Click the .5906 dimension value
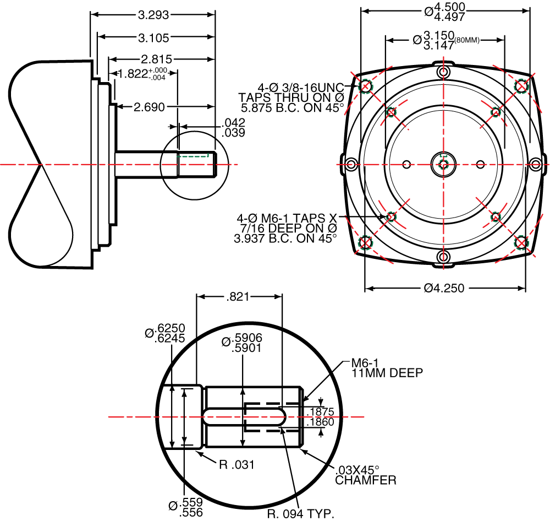click(248, 338)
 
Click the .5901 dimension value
click(247, 348)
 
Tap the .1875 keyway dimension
click(320, 413)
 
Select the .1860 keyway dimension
click(320, 422)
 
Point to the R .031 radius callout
click(237, 465)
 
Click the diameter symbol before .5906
click(226, 342)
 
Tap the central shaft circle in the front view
click(443, 164)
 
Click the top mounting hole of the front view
click(443, 72)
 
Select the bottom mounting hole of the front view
click(443, 256)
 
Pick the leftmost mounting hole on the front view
click(351, 164)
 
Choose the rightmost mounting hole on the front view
click(536, 164)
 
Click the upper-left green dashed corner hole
click(365, 86)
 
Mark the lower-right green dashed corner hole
click(521, 242)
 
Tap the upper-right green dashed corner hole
click(521, 86)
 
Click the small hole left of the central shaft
click(407, 164)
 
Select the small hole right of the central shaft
click(480, 164)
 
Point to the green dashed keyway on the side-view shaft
click(194, 156)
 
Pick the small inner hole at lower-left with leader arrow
click(391, 216)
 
